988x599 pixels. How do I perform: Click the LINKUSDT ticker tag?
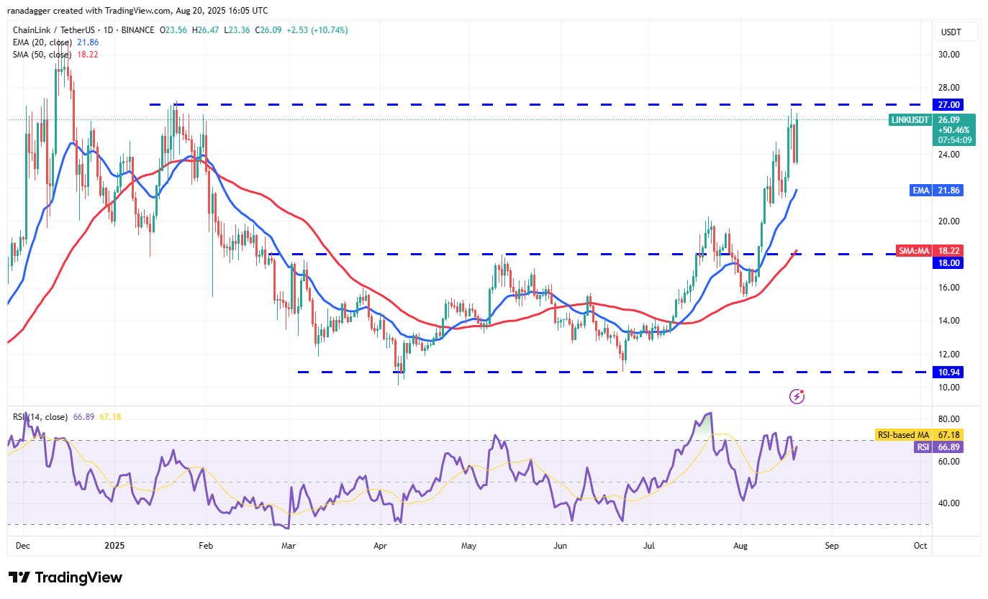click(x=910, y=120)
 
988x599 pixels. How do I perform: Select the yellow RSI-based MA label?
click(x=902, y=434)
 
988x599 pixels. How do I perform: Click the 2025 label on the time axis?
click(x=115, y=546)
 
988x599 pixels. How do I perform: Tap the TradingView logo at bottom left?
click(x=65, y=577)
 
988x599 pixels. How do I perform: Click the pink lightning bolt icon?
click(x=797, y=396)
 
